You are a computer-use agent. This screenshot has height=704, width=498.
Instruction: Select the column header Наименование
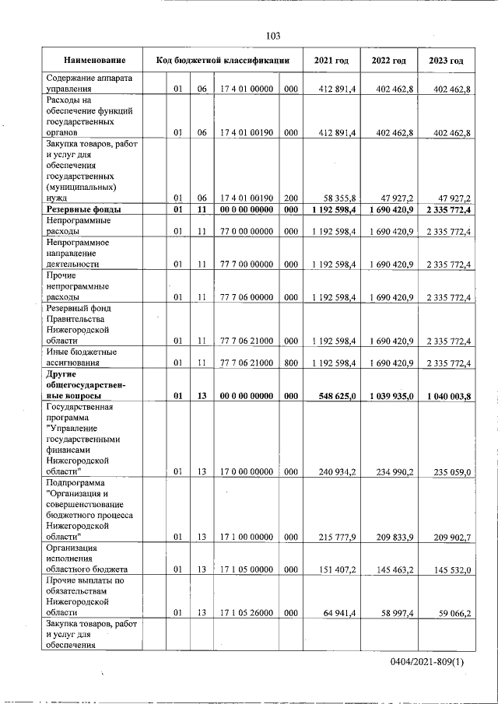(95, 60)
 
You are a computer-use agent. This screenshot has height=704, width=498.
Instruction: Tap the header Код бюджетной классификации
(223, 60)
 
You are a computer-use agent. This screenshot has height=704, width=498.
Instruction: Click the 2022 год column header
(388, 60)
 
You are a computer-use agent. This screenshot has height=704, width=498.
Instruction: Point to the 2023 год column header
(446, 60)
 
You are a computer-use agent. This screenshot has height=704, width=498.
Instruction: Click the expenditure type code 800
(290, 363)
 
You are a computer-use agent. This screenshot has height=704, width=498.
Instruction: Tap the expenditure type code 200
(290, 198)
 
